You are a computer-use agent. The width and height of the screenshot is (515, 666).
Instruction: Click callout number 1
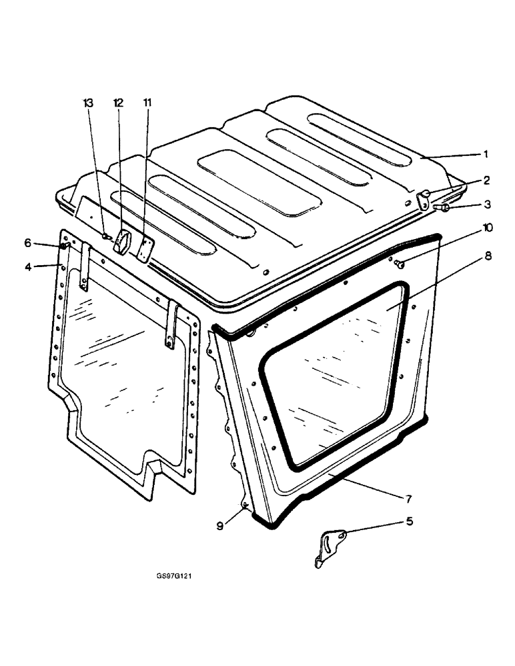[486, 154]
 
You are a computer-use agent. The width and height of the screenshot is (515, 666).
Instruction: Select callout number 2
[486, 180]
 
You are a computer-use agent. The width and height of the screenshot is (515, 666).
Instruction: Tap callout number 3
[486, 204]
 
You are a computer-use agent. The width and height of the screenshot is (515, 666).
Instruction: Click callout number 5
[410, 521]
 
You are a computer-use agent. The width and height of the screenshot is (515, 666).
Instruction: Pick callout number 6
[28, 243]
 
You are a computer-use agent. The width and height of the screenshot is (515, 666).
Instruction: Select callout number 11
[147, 103]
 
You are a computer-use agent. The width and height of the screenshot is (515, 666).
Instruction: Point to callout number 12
[118, 103]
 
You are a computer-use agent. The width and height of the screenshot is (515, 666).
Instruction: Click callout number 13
[88, 103]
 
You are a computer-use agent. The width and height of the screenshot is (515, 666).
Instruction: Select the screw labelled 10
[399, 264]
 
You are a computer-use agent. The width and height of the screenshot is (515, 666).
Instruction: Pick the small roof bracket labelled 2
[424, 198]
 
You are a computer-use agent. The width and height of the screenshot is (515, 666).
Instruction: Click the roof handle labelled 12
[123, 242]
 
